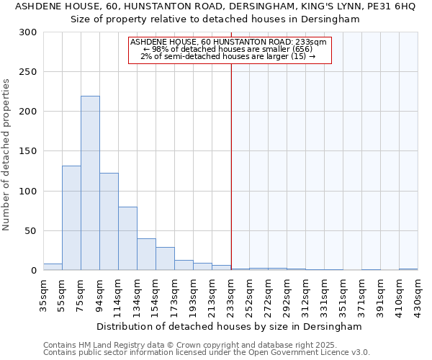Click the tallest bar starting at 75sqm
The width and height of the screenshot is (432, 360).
(90, 184)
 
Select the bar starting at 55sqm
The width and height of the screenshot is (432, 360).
(71, 218)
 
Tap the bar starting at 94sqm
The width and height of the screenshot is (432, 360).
(109, 222)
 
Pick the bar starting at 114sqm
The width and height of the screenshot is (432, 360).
(127, 238)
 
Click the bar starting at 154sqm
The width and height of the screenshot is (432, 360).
(165, 258)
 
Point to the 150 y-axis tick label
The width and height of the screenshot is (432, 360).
(28, 151)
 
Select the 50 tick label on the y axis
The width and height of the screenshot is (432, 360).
(31, 231)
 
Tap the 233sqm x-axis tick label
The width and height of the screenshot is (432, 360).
(230, 293)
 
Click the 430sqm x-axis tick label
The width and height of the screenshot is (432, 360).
(418, 293)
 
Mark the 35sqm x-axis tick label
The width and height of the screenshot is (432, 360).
(44, 293)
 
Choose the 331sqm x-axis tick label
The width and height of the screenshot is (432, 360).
(324, 293)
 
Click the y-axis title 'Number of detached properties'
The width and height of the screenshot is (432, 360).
(7, 155)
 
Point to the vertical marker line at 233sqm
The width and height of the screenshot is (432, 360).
(231, 144)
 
